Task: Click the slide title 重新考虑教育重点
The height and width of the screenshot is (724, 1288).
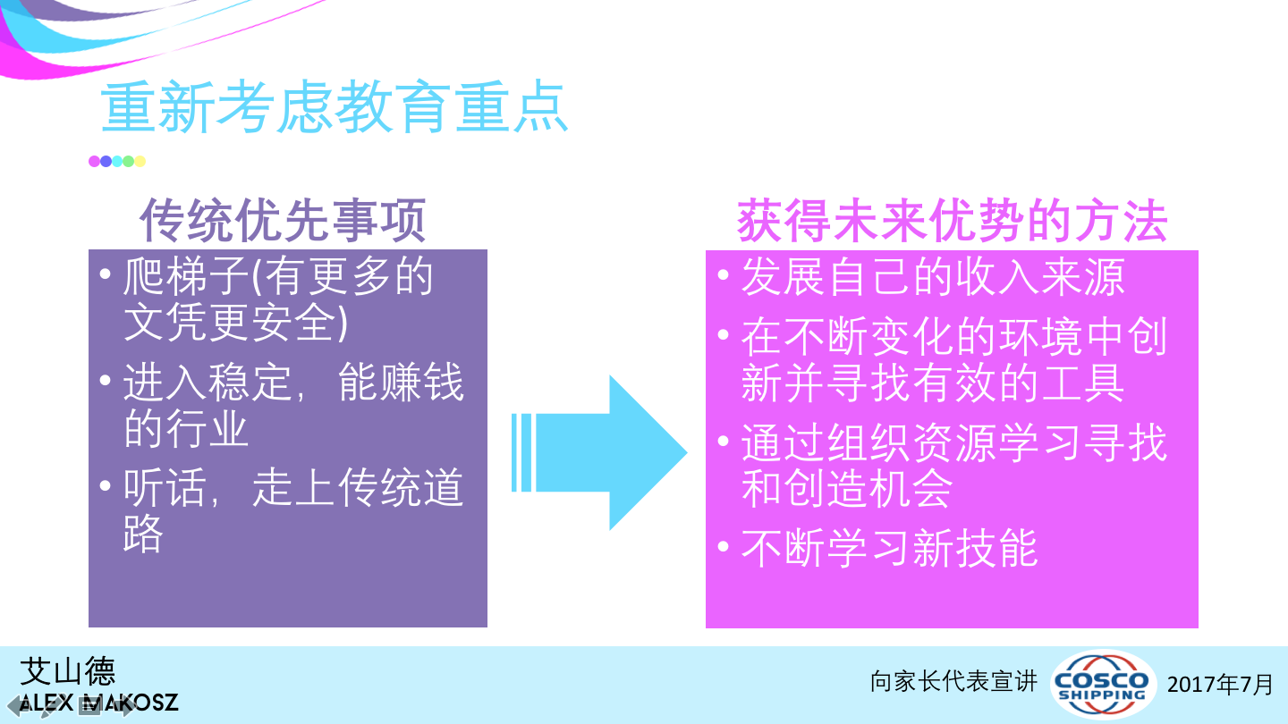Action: [335, 107]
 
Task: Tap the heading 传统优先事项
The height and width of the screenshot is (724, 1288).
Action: [283, 220]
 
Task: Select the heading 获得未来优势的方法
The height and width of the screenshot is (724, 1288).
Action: [953, 221]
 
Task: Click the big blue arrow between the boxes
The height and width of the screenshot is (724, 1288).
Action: [599, 453]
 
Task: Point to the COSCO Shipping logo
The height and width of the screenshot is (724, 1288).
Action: [1102, 684]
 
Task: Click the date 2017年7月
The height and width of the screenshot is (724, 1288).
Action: [1220, 685]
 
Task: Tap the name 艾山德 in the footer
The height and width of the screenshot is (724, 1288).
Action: [68, 671]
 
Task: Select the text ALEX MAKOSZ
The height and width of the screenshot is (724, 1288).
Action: [99, 703]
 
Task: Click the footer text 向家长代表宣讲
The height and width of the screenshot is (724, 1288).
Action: [953, 681]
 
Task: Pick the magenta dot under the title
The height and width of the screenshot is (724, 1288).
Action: [94, 162]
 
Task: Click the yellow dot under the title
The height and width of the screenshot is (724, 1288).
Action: [140, 162]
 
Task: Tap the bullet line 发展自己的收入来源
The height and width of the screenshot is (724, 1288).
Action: [933, 277]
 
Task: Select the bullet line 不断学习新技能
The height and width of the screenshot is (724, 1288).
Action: [889, 548]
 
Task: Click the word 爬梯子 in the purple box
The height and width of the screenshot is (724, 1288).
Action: [186, 276]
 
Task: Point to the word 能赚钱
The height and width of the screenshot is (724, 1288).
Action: [401, 383]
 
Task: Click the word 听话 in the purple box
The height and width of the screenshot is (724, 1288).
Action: [165, 487]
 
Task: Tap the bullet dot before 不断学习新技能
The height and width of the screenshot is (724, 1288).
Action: [724, 546]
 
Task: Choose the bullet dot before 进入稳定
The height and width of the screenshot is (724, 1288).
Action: [105, 380]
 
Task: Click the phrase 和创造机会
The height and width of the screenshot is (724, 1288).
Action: [846, 488]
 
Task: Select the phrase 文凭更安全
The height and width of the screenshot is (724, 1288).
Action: [229, 323]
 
